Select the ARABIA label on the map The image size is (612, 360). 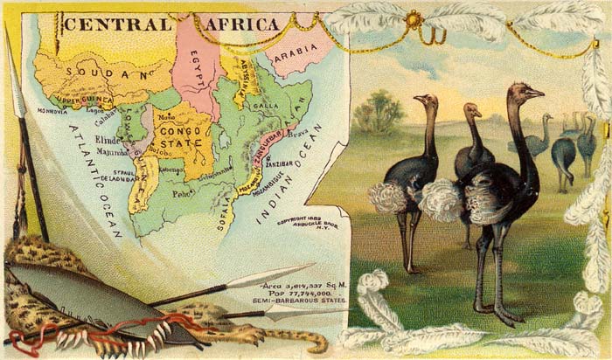pyautogui.click(x=292, y=55)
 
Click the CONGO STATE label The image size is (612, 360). pyautogui.click(x=182, y=137)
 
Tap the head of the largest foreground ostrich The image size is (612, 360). pyautogui.click(x=525, y=92)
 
